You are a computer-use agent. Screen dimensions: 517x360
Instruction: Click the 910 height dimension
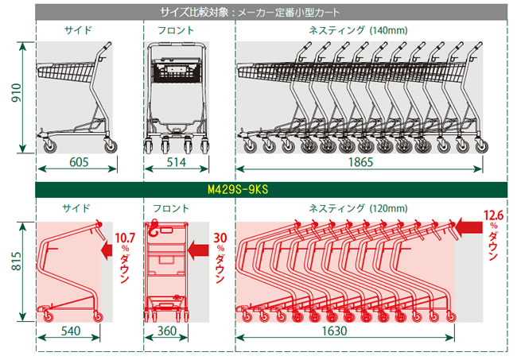tap(17, 92)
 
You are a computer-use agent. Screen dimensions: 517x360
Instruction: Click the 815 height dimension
tap(17, 261)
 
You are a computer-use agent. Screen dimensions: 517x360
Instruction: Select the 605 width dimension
tap(79, 162)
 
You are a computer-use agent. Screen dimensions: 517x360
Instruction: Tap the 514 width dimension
tap(177, 162)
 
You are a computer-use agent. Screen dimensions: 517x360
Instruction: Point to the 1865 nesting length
tap(361, 162)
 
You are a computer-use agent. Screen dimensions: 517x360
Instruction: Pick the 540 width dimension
tap(71, 331)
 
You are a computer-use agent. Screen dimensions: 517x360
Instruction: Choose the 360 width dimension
tap(167, 331)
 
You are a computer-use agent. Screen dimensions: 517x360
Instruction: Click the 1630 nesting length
tap(334, 331)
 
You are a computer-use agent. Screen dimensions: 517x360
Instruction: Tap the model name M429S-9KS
tap(238, 189)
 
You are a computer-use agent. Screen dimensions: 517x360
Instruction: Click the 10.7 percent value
tap(125, 238)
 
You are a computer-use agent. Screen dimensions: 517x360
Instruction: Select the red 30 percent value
tap(220, 238)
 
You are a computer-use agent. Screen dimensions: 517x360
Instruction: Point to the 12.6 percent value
tap(493, 215)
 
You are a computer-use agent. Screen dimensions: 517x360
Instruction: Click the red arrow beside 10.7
tap(107, 250)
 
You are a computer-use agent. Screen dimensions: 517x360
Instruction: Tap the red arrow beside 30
tap(198, 250)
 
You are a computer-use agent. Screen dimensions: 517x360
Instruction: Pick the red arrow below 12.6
tap(469, 227)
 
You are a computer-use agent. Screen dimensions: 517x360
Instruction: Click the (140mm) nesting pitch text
tap(388, 31)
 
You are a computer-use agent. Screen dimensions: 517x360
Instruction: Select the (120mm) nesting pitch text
tap(388, 208)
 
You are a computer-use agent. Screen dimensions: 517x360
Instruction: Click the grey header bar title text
tap(250, 13)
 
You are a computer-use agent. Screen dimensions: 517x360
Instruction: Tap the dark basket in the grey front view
tap(177, 70)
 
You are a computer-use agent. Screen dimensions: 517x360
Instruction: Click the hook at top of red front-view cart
tap(154, 229)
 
